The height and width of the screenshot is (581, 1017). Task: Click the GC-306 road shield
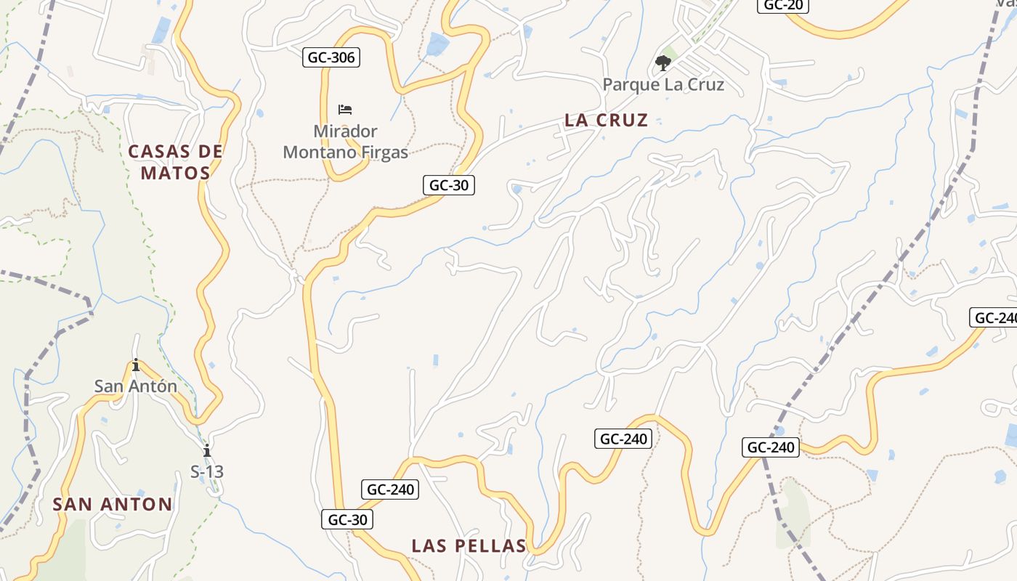point(331,57)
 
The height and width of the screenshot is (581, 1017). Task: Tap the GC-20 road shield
point(783,5)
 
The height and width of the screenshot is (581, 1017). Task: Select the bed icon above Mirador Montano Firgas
point(345,110)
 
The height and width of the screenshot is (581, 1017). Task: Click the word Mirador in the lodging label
point(345,131)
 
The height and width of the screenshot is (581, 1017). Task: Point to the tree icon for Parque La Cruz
point(663,63)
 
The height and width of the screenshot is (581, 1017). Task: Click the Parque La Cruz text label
point(663,84)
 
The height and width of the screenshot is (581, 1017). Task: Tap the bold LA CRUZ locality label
point(606,121)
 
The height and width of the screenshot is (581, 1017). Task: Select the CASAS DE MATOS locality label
point(175,162)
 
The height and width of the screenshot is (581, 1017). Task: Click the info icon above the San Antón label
point(136,365)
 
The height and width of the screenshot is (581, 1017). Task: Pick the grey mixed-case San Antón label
point(136,386)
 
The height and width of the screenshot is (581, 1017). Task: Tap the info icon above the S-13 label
point(207,450)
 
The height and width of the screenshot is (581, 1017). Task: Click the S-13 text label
point(207,471)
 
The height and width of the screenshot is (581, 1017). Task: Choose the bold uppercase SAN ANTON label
point(113,504)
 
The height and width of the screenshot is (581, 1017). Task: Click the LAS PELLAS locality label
point(469,546)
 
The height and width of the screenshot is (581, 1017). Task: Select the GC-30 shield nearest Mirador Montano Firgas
point(449,185)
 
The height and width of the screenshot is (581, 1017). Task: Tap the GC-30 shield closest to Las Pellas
point(347,519)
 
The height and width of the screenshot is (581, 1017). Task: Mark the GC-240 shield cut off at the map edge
point(994,317)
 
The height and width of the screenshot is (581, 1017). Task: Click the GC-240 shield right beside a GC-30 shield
point(390,489)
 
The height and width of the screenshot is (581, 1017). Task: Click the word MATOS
point(175,173)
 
